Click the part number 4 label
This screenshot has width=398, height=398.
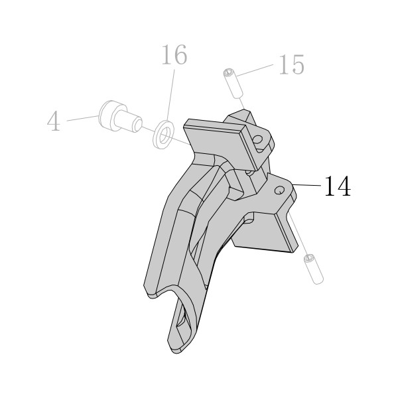(x=54, y=121)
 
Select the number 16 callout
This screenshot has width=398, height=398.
(x=174, y=54)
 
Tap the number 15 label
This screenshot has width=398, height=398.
(x=291, y=65)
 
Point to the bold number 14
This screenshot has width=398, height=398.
(x=338, y=186)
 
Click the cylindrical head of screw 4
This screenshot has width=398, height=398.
(x=109, y=115)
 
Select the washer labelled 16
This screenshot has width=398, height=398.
(x=163, y=135)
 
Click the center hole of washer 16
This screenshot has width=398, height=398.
(x=165, y=135)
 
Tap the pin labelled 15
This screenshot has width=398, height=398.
(x=233, y=84)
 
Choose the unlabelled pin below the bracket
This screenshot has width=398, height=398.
(x=314, y=269)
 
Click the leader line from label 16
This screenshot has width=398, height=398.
(x=171, y=96)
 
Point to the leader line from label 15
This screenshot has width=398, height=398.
(x=255, y=70)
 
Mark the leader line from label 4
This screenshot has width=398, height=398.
(x=82, y=118)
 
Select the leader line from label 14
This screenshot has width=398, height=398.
(x=306, y=185)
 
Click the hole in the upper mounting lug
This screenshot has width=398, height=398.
(x=259, y=140)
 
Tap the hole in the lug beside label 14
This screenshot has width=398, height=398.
(x=279, y=190)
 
